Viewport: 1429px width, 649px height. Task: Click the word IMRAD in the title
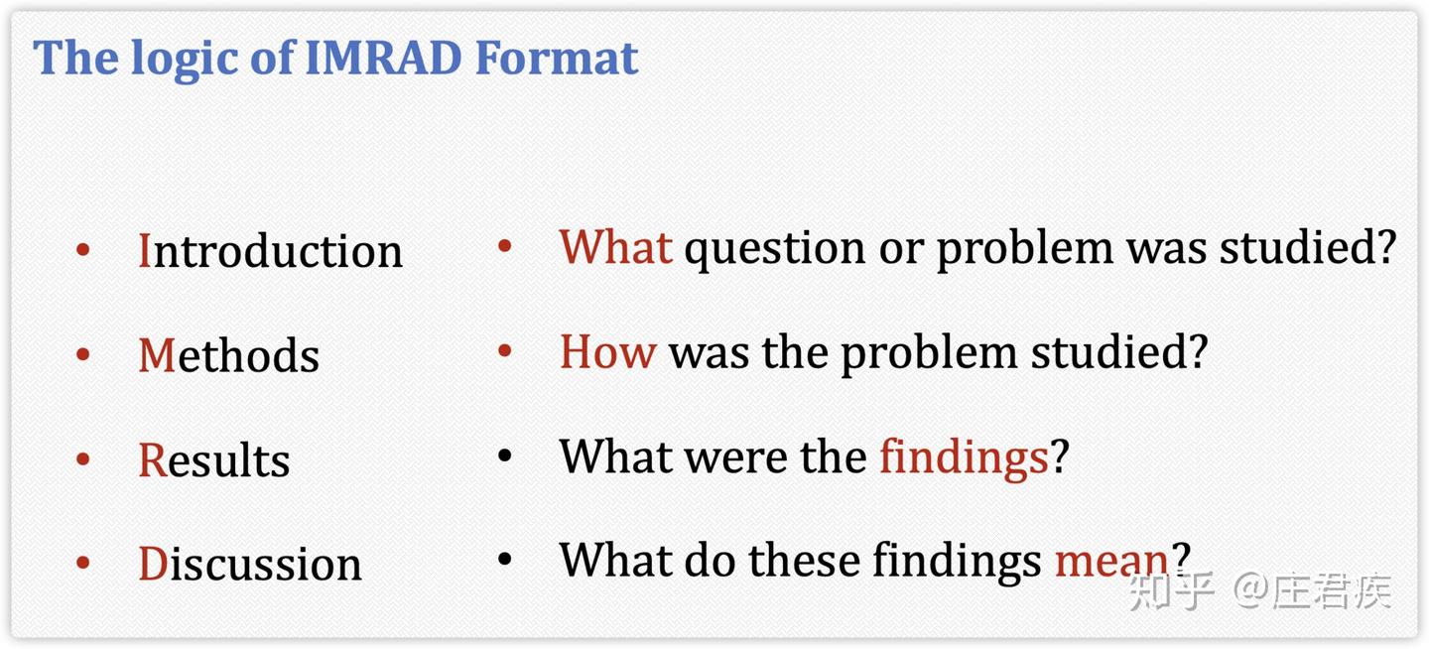(384, 58)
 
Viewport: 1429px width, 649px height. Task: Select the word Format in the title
(557, 58)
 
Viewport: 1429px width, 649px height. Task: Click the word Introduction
(271, 250)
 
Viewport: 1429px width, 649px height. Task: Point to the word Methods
(229, 354)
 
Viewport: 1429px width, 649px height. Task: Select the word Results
(214, 458)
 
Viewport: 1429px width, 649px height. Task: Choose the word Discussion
(250, 563)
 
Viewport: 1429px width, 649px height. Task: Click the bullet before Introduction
(82, 249)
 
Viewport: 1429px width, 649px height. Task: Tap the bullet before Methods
(82, 354)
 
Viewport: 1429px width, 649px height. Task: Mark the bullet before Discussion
(82, 563)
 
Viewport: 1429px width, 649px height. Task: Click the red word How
(607, 351)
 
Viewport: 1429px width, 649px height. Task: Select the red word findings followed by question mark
(964, 458)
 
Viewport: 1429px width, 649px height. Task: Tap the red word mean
(1110, 561)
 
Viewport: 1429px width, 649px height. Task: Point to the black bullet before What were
(504, 455)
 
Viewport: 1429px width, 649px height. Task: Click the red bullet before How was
(504, 350)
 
